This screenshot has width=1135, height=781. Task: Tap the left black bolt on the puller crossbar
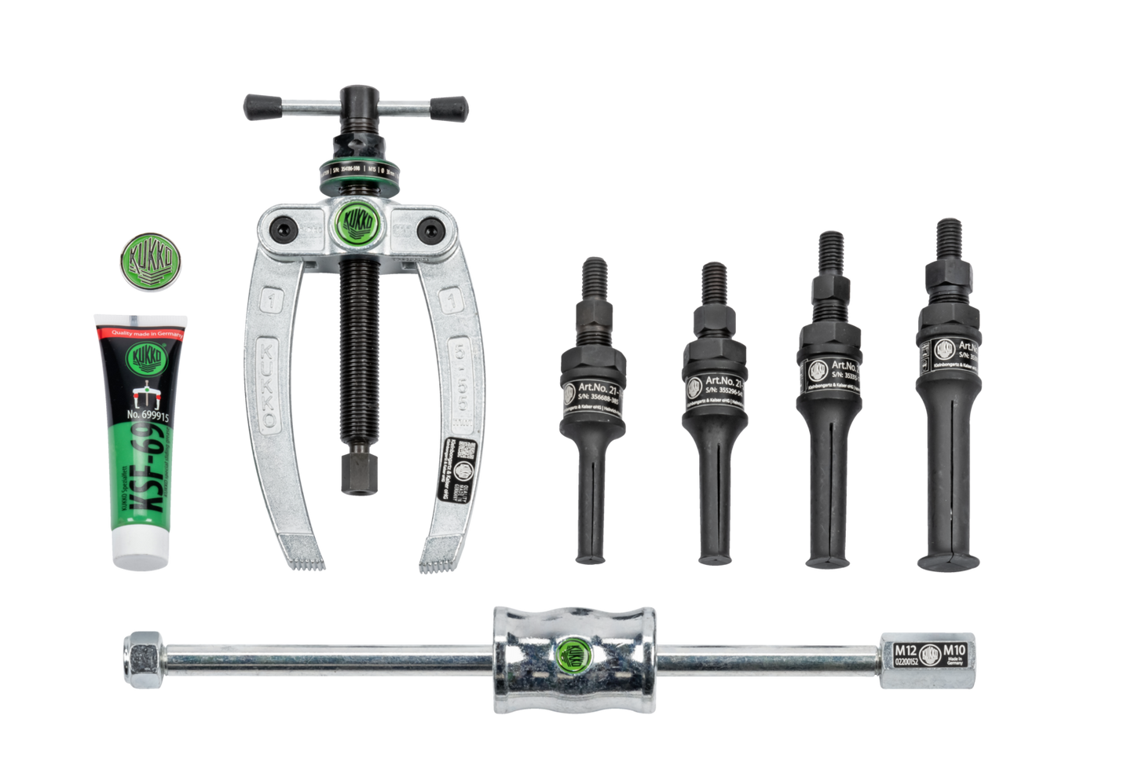(x=280, y=227)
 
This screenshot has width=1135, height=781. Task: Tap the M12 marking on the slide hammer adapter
(x=904, y=651)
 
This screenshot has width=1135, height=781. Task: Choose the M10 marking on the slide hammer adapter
(x=954, y=651)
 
